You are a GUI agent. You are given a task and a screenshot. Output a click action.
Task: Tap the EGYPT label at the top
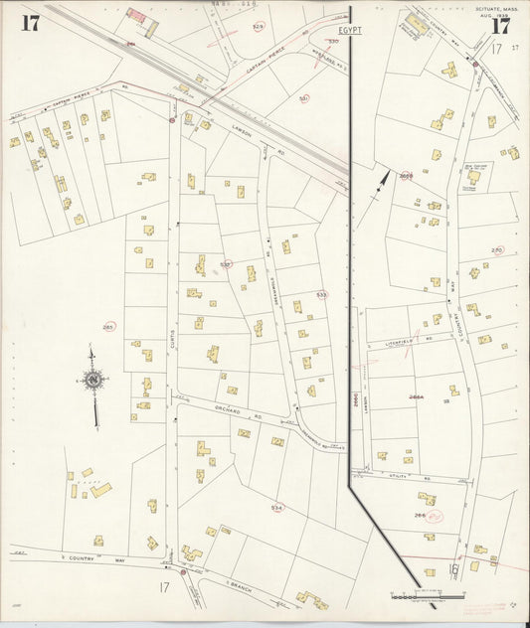(x=349, y=31)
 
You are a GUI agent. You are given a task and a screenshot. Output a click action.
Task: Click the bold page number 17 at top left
(x=31, y=24)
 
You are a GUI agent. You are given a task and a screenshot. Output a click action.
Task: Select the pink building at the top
(x=136, y=15)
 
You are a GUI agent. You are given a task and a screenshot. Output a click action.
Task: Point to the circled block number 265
(x=108, y=326)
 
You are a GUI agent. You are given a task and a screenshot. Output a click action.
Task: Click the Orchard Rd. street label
(x=242, y=413)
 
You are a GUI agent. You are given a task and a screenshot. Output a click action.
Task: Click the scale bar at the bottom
(x=428, y=596)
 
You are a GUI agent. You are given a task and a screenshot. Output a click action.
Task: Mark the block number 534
(x=276, y=507)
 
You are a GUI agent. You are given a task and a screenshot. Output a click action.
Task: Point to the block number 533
(x=321, y=295)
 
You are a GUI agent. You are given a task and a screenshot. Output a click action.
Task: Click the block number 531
(x=304, y=98)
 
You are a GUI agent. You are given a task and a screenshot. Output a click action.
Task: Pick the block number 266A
(x=416, y=396)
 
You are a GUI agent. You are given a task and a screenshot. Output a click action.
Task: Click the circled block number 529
(x=259, y=27)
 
